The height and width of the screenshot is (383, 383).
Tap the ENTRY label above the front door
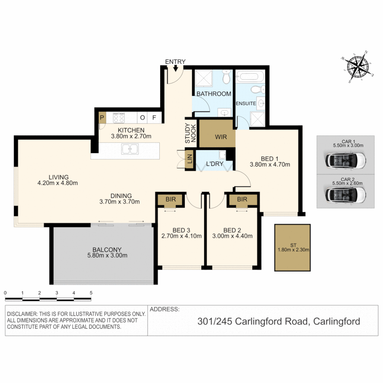pos(175,62)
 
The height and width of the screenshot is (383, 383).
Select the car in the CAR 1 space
pos(345,160)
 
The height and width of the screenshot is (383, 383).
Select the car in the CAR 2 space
pos(345,194)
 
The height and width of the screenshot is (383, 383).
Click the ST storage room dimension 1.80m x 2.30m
pos(293,250)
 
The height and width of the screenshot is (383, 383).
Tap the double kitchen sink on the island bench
pos(130,149)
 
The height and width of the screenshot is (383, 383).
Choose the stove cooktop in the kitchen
pos(118,118)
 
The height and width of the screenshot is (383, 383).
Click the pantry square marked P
pos(102,117)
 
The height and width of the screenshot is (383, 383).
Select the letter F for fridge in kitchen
pos(154,117)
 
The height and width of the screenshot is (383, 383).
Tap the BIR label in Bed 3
pos(171,199)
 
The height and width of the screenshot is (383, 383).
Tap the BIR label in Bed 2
pos(242,199)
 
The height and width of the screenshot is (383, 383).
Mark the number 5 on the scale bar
pos(91,293)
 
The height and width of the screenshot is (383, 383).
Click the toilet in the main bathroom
pos(226,76)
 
